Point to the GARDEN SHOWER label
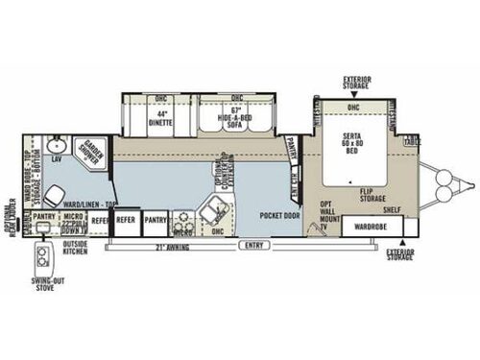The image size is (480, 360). click(92, 146)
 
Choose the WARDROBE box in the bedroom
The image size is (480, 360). click(370, 228)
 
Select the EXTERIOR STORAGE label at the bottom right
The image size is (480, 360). click(400, 254)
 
